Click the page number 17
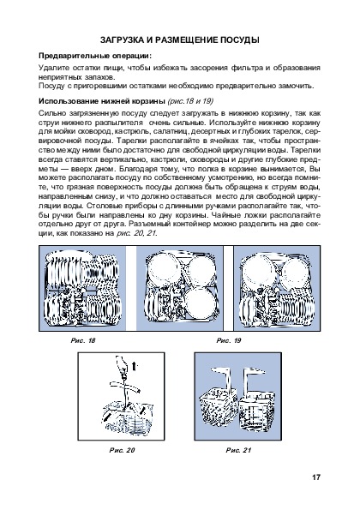(316, 477)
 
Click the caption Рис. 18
(83, 340)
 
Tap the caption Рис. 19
(229, 340)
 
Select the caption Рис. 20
(122, 450)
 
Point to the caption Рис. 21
(238, 450)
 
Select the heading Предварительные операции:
(95, 56)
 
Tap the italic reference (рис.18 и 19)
(190, 101)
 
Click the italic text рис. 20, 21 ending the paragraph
(136, 233)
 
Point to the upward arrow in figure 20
(135, 366)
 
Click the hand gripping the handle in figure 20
(122, 365)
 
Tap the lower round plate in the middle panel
(201, 302)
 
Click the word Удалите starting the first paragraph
(50, 68)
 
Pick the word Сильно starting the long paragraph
(50, 113)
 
